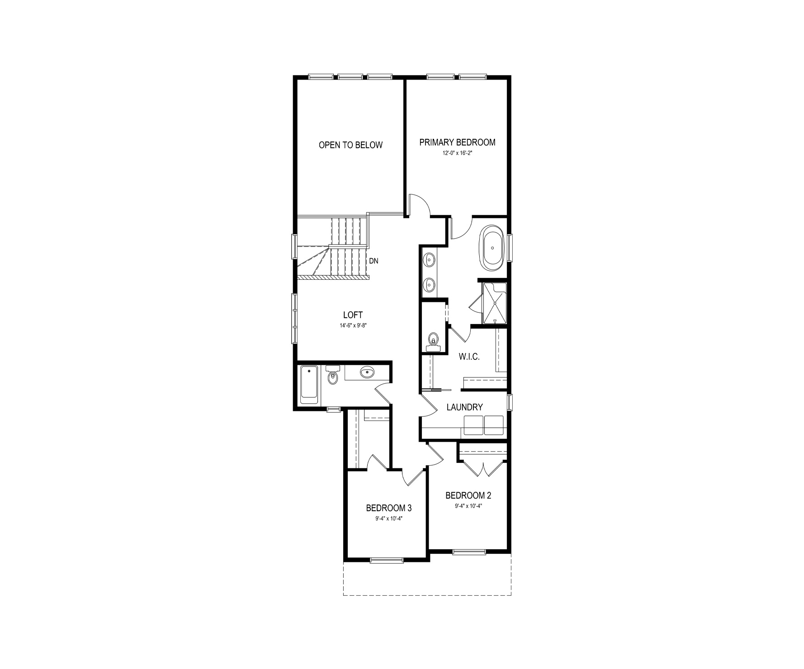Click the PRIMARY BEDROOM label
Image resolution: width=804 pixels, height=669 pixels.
point(457,142)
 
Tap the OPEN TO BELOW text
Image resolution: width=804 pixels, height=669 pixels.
point(351,145)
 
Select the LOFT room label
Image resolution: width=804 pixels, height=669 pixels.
point(353,315)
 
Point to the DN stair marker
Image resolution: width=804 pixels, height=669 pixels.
point(374,261)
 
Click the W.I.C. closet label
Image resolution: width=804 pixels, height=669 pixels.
point(469,357)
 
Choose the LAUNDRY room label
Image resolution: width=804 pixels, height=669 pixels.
point(465,407)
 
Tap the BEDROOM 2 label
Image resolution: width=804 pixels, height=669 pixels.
point(468,495)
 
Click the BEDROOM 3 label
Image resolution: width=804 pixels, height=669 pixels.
point(389,508)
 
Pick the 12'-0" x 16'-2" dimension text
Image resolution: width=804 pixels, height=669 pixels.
point(457,153)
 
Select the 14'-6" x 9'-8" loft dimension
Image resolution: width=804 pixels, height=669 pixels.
point(353,325)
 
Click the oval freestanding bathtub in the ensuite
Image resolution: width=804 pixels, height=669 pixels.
point(493,248)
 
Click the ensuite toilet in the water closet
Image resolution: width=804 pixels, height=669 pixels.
point(434,341)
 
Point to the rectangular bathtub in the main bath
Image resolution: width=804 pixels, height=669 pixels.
point(309,384)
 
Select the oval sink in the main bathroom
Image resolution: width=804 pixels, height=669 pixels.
point(367,372)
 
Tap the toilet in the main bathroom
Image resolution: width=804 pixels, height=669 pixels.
point(332,375)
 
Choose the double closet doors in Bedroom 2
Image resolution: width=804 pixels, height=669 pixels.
point(483,469)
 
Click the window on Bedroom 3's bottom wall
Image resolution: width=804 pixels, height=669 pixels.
point(387,561)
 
